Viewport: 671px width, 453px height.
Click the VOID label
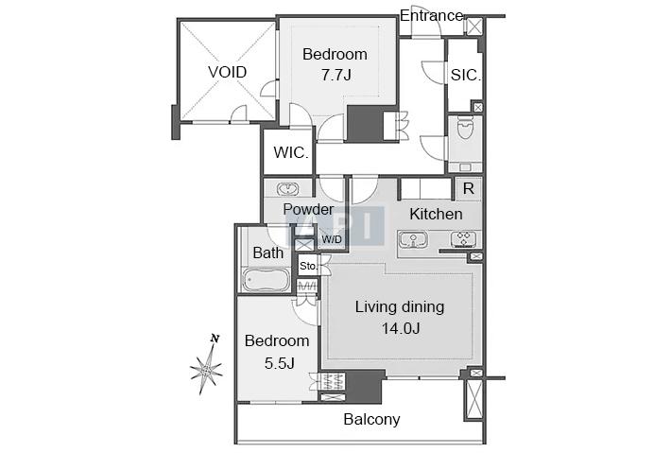click(227, 72)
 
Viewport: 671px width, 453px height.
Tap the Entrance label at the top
click(431, 16)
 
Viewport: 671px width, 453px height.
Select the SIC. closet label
click(466, 76)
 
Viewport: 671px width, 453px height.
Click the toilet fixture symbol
click(465, 127)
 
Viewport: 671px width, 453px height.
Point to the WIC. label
click(291, 152)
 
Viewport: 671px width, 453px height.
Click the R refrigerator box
click(469, 188)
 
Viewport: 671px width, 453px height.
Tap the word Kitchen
click(436, 214)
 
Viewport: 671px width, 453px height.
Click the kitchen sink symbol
click(413, 240)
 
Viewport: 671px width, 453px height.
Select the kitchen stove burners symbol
click(463, 240)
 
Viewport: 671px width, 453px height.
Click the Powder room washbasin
click(287, 188)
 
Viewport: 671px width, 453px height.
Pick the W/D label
click(332, 240)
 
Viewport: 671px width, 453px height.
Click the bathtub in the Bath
click(266, 280)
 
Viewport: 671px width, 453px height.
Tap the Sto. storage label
click(308, 267)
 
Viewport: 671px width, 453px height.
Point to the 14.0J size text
click(401, 328)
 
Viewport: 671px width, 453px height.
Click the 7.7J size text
click(336, 76)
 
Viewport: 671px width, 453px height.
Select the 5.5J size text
click(279, 363)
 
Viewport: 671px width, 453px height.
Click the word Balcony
click(371, 420)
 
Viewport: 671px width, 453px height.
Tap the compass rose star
click(207, 369)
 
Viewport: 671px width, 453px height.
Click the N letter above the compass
click(215, 340)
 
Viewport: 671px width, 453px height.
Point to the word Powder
click(308, 209)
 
